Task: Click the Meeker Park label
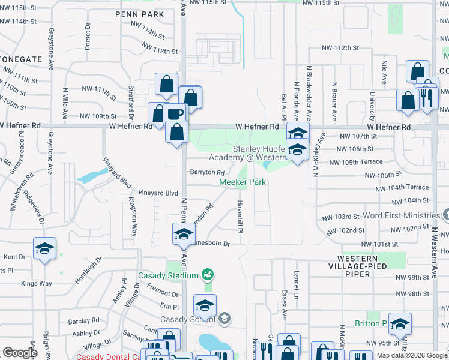(242, 182)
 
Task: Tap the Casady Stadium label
(167, 275)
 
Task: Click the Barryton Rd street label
(207, 172)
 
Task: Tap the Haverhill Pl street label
(240, 213)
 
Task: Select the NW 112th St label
(340, 47)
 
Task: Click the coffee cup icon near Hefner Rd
(175, 114)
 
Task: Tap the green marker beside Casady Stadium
(208, 275)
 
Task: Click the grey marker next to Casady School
(224, 317)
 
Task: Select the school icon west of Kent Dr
(44, 249)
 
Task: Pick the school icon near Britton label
(400, 325)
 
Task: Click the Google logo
(20, 353)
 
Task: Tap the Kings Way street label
(37, 283)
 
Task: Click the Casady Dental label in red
(107, 356)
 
